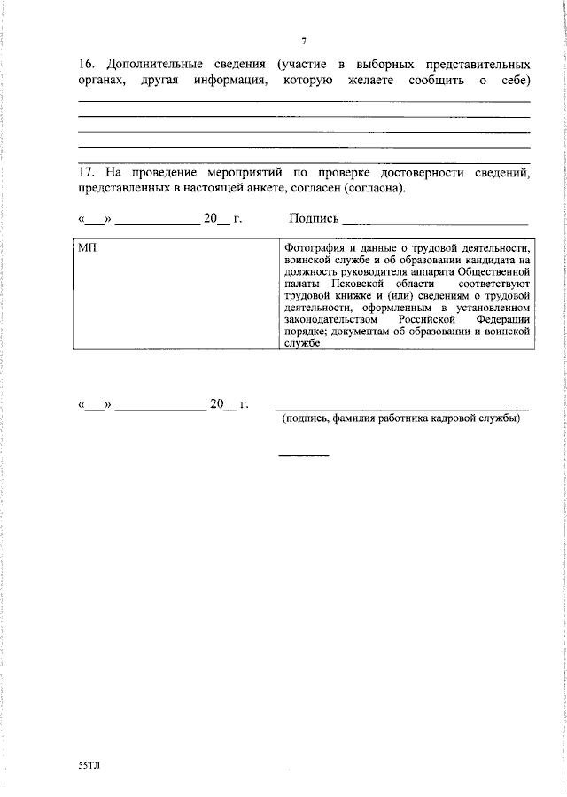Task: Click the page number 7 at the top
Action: point(303,42)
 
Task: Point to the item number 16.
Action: point(86,66)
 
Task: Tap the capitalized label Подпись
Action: point(314,219)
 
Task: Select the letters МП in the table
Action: point(87,249)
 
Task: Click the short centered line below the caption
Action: point(304,455)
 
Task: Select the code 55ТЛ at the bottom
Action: point(89,763)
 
